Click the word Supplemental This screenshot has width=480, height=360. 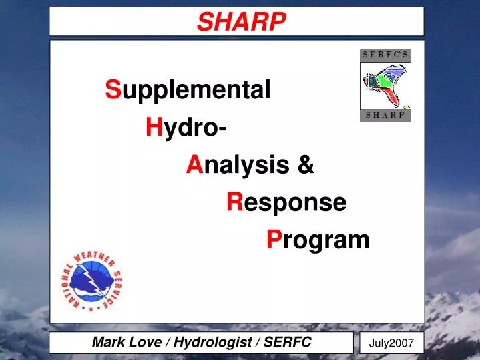pos(188,89)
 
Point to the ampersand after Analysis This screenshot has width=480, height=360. pos(306,164)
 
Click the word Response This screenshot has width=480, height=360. pos(286,202)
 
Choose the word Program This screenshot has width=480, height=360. pos(317,239)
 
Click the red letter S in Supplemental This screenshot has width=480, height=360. pos(112,89)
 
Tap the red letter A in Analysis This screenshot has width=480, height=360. pos(194,164)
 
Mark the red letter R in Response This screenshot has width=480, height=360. pos(234,202)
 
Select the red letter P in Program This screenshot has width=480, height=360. pos(272,239)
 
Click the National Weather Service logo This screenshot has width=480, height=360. pos(93,281)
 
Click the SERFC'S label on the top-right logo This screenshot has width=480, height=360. pos(385,55)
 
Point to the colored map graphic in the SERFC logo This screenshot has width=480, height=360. pos(385,85)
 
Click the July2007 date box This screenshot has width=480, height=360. pos(391,344)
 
